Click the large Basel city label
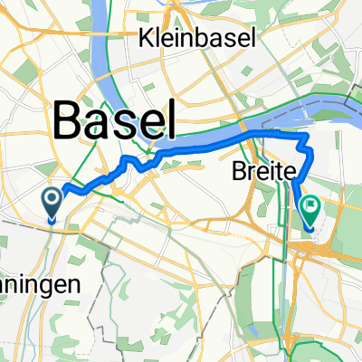(x=114, y=118)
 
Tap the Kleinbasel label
(x=197, y=37)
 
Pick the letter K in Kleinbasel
(x=145, y=37)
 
